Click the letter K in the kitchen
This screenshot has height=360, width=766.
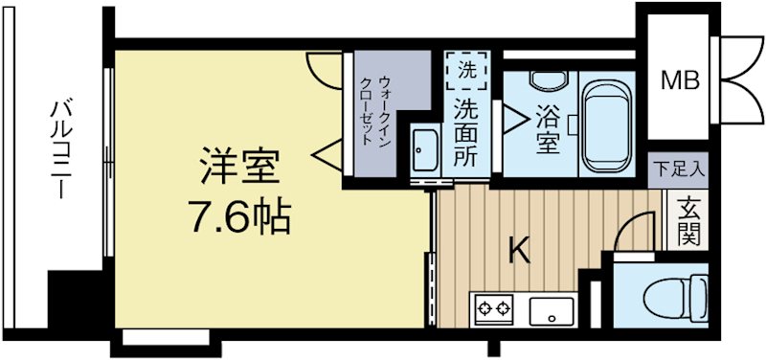point(518,251)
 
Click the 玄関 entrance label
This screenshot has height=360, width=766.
point(688,220)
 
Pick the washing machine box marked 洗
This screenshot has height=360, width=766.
point(465,69)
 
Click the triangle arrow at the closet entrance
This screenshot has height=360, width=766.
point(326,152)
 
